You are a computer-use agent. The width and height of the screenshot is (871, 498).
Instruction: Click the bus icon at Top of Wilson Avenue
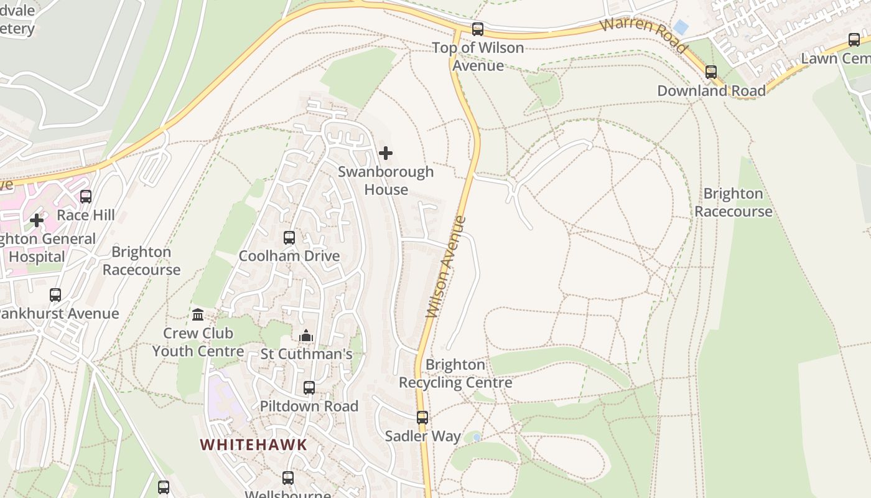point(478,29)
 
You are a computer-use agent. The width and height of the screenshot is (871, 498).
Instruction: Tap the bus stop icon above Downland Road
point(711,72)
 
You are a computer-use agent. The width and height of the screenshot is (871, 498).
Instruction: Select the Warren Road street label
point(645,35)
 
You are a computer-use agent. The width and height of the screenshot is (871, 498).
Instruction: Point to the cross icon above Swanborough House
point(386,153)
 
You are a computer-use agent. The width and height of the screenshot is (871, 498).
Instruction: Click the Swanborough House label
point(386,181)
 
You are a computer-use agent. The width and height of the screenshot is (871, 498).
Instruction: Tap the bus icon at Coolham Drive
point(289,238)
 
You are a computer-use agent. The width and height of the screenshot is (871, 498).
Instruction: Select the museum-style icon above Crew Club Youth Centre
point(198,315)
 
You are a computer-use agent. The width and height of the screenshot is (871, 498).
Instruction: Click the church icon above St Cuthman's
point(306,336)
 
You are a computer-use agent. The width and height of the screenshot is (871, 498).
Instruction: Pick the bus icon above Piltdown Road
point(309,388)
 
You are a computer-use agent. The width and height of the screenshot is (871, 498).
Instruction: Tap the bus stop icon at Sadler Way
point(422,418)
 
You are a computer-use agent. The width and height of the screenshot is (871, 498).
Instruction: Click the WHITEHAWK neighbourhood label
point(254,444)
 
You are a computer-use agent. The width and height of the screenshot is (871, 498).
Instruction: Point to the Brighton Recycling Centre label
point(455,374)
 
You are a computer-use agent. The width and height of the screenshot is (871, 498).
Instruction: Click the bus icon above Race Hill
point(86,197)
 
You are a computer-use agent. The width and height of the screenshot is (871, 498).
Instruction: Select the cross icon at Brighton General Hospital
point(37,220)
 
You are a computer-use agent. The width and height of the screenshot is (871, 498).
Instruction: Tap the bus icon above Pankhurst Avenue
point(55,295)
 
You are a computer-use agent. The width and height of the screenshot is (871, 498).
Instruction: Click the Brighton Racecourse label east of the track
point(733,202)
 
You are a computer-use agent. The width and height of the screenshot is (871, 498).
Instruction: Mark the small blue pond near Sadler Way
point(477,438)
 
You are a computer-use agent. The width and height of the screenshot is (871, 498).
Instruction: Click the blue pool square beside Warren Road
point(681,27)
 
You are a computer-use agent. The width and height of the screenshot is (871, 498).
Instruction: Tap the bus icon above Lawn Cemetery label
point(854,40)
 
